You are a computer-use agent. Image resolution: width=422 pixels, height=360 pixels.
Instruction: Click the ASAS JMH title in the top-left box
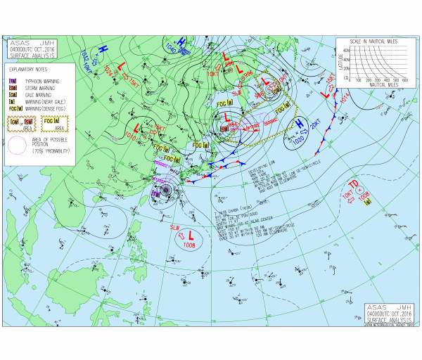coord(32,43)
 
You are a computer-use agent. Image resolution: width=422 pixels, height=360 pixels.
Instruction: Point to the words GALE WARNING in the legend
coord(41,95)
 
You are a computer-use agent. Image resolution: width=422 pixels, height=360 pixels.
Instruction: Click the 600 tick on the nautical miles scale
coord(406,81)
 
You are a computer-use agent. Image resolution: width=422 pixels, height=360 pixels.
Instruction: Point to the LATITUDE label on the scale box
coord(340,60)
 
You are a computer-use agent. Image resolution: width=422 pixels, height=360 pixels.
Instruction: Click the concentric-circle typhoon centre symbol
coord(167,190)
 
